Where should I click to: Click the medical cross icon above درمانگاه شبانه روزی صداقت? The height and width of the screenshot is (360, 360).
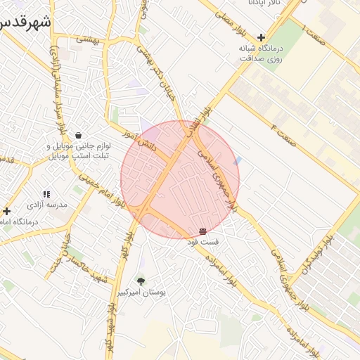coord(262,37)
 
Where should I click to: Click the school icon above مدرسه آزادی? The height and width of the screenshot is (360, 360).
coord(46,193)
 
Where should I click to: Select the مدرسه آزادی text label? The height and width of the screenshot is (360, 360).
coord(46,205)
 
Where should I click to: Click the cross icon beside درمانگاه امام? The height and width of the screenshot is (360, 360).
coord(7,210)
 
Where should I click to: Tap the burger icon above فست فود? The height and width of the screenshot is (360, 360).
coord(202,231)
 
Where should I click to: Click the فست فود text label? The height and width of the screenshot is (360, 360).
coord(202,242)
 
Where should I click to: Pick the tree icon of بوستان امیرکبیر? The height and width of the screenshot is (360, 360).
coord(141,281)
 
